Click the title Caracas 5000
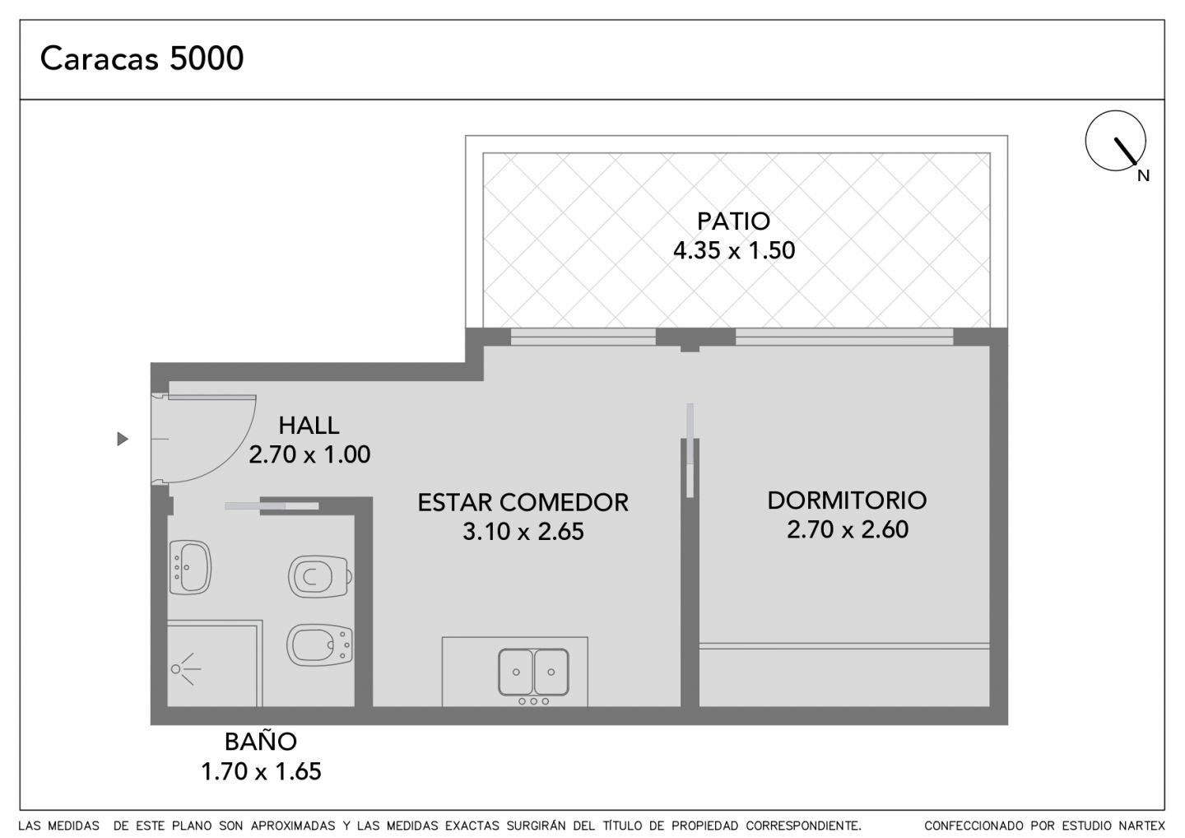coord(142,58)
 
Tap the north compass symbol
coord(1115,141)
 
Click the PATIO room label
coord(733,221)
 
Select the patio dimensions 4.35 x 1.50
coord(734,250)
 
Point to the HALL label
coord(309,426)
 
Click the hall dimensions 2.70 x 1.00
coord(309,454)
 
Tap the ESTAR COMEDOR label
coord(523,503)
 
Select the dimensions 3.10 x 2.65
coord(523,532)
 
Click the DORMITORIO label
coord(847,500)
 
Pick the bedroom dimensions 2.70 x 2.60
coord(848,529)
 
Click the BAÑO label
coord(261,742)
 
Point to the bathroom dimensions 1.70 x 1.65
coord(262,771)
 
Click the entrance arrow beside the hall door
coord(123,439)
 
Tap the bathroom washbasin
coord(190,567)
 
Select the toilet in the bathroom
coord(320,576)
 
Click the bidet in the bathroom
coord(319,645)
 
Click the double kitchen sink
coord(533,672)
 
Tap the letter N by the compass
coord(1143,176)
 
